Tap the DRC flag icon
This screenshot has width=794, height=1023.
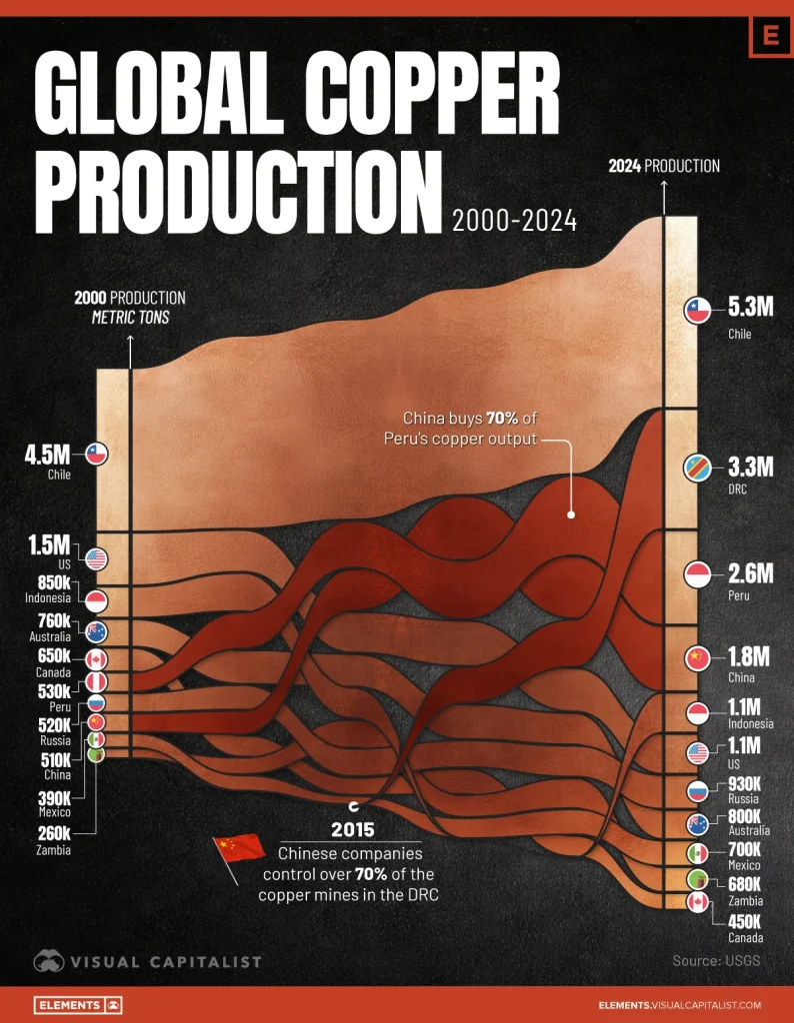pos(697,467)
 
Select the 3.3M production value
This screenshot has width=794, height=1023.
pos(749,466)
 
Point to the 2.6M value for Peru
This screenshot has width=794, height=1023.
pos(749,572)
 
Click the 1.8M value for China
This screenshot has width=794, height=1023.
pos(749,656)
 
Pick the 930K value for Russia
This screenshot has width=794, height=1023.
pos(744,782)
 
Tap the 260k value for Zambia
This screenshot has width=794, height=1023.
pos(53,832)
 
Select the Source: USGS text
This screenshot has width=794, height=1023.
pos(716,961)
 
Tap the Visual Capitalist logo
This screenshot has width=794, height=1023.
pos(147,961)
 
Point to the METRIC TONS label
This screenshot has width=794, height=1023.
pos(129,317)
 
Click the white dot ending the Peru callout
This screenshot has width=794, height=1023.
pos(571,515)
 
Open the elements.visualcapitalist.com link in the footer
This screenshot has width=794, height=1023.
pos(681,1004)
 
